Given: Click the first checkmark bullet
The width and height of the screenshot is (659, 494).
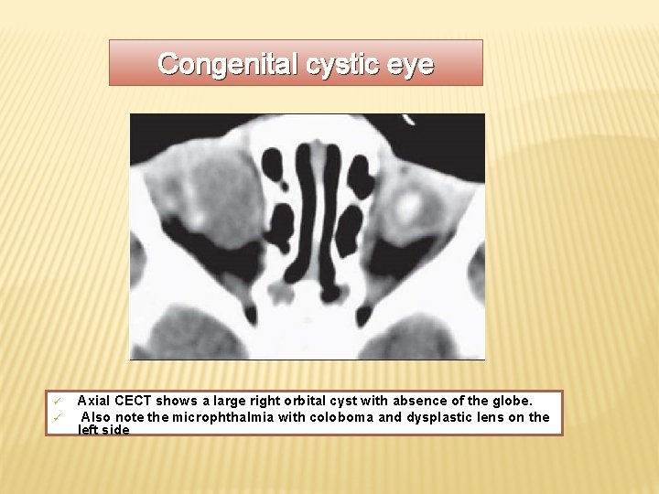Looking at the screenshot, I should pos(55,402).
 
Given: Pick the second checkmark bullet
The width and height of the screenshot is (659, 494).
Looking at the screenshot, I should pos(55,417).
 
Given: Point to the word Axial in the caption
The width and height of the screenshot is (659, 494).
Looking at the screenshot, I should pos(93,401).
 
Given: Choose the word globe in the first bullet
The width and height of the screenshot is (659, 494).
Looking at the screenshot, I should pos(513,401).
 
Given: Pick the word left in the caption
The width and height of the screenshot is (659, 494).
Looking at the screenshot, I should pos(88,430).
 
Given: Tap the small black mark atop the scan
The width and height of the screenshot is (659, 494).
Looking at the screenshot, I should pos(408,119).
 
